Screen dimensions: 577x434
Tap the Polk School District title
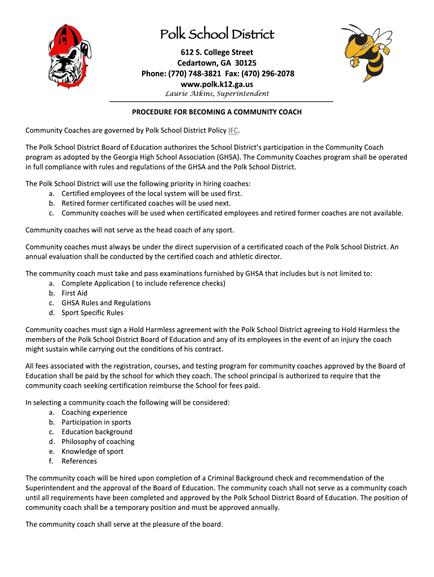[x=217, y=34]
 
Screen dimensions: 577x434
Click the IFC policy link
[x=233, y=131]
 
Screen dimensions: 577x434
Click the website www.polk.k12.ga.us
[x=216, y=84]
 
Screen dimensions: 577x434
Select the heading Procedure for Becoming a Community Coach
[x=217, y=112]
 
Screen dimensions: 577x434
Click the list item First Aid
[x=74, y=293]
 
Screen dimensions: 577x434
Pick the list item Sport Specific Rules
[x=92, y=313]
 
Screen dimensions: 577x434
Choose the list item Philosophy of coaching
[x=98, y=442]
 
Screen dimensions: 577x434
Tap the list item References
[x=79, y=461]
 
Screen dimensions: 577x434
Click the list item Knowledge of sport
[x=92, y=451]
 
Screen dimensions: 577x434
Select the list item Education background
[x=97, y=432]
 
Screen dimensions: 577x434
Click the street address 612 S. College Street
[x=217, y=52]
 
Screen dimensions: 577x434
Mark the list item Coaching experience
[x=94, y=412]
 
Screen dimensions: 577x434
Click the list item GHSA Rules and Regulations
[x=106, y=303]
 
